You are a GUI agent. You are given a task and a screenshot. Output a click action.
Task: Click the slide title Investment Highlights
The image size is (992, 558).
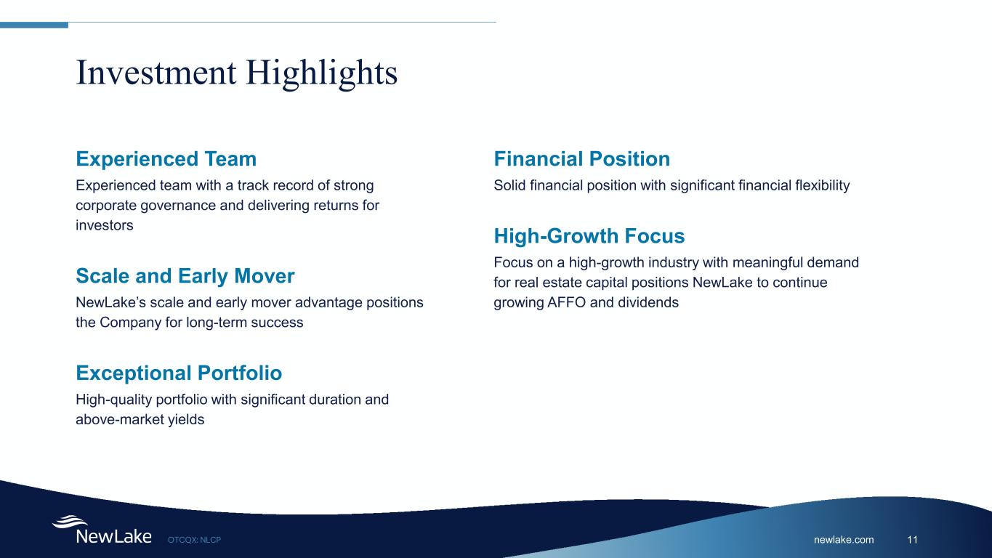[236, 73]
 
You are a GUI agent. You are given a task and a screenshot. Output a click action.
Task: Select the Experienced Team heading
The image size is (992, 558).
[166, 158]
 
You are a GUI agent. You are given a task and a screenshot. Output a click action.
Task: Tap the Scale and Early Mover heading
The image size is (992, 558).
[185, 275]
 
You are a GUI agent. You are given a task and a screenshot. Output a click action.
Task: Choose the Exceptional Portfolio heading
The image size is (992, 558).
[179, 373]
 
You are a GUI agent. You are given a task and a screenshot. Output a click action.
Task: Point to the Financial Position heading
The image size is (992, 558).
[582, 158]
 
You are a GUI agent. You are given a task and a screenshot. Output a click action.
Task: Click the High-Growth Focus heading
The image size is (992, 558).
[589, 235]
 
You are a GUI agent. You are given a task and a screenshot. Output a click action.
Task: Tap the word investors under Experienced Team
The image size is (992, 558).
[105, 225]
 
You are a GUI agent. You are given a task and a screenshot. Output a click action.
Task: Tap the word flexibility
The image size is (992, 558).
[823, 185]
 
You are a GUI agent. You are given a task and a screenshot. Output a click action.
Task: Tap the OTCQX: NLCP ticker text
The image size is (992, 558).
[195, 540]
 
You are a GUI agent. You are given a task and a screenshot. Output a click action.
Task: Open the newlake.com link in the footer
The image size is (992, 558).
[844, 539]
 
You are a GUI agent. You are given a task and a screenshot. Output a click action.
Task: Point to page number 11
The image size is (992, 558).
[912, 539]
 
